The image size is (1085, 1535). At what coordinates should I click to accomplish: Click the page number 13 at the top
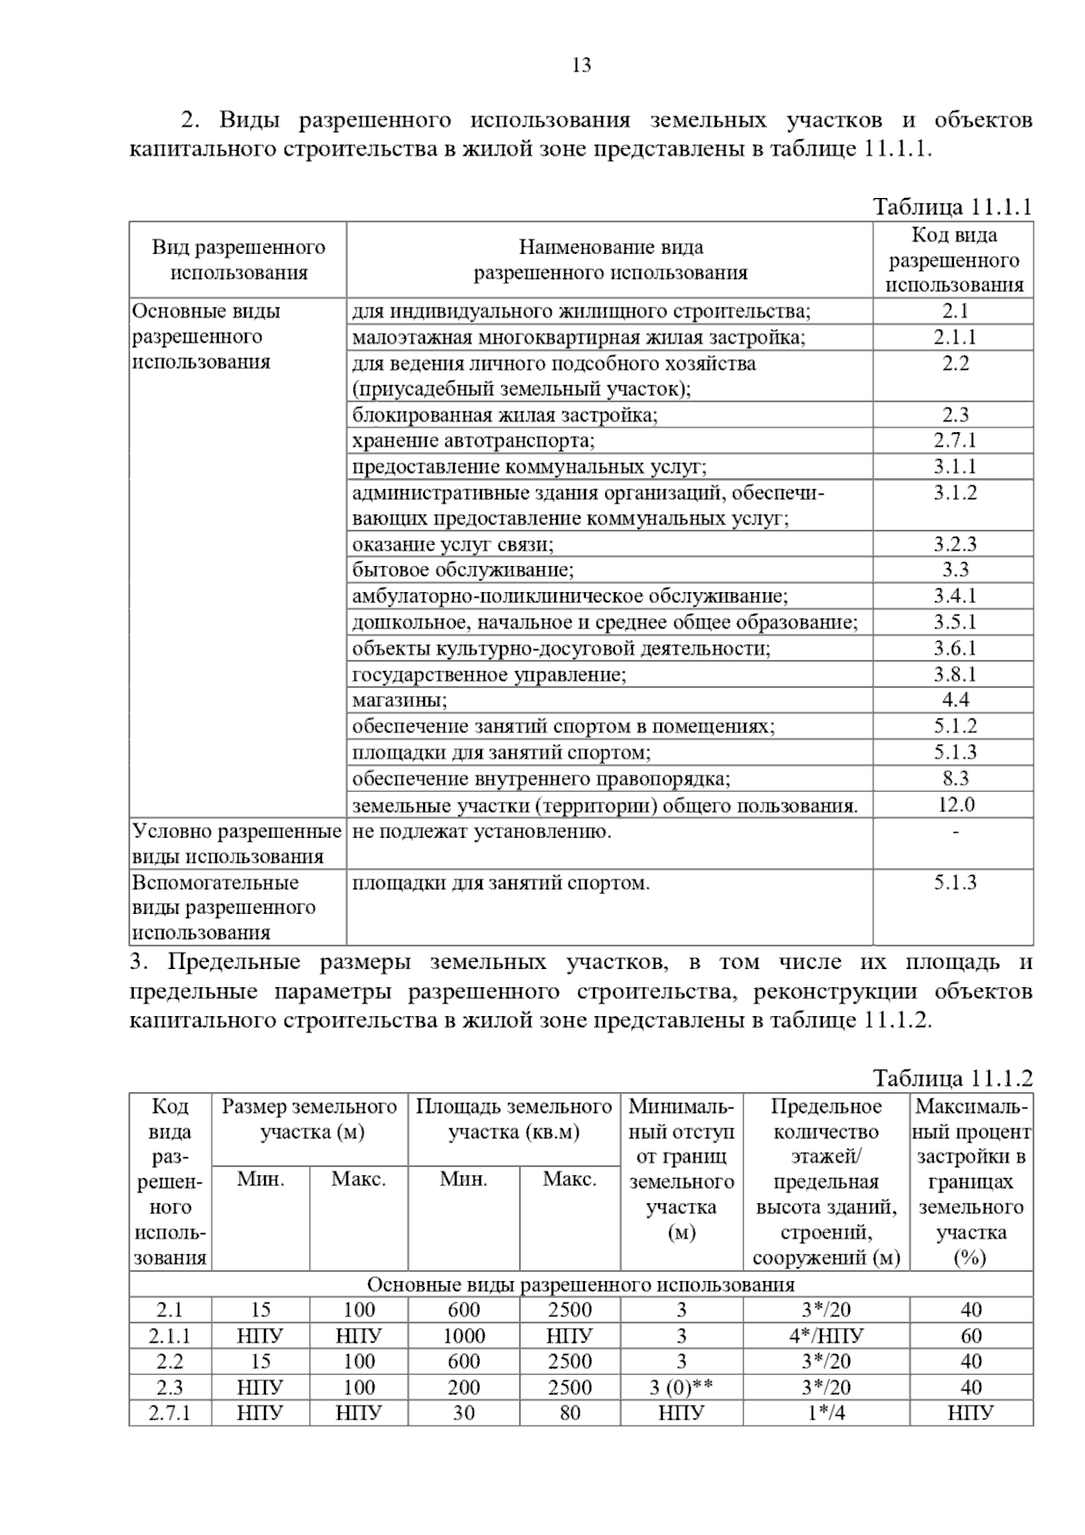(x=581, y=65)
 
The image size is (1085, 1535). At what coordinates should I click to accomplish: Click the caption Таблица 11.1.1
(x=952, y=207)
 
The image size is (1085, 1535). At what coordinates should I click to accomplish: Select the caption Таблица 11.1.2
(x=952, y=1078)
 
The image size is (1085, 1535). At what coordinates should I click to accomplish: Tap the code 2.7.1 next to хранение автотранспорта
(x=955, y=441)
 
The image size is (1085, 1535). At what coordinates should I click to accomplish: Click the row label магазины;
(x=400, y=701)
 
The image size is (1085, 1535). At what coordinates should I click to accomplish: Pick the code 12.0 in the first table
(x=955, y=805)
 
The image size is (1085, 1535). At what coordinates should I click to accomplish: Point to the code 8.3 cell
(x=955, y=778)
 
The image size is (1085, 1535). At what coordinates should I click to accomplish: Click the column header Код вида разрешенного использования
(x=954, y=260)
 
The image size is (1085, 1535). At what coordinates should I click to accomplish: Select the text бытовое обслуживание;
(x=463, y=570)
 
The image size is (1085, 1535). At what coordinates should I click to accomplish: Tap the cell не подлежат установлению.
(x=482, y=832)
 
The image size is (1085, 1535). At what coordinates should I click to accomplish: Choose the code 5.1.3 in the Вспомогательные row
(x=955, y=883)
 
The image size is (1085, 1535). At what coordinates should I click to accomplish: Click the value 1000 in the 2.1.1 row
(x=464, y=1336)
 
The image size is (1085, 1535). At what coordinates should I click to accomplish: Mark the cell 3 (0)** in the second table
(x=681, y=1388)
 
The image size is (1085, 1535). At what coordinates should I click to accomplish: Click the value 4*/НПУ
(x=826, y=1336)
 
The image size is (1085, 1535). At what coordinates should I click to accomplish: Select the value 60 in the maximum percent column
(x=971, y=1336)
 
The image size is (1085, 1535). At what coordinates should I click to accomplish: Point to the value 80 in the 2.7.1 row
(x=570, y=1413)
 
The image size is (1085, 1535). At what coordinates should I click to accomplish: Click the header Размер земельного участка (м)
(x=309, y=1119)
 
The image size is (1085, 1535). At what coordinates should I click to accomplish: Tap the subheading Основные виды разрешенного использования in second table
(x=580, y=1285)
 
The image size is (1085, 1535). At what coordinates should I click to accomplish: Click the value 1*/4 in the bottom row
(x=826, y=1413)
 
